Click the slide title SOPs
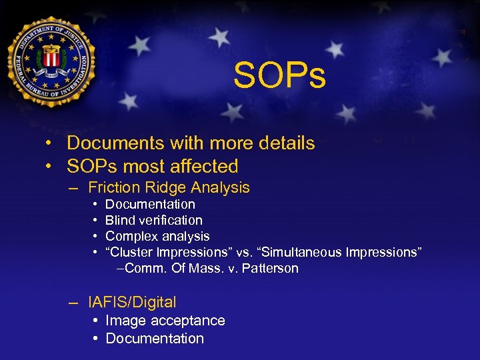tap(279, 76)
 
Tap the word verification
tap(170, 220)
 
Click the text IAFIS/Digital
tap(132, 302)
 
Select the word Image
tap(125, 321)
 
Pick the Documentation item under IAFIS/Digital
tap(155, 339)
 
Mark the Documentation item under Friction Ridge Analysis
tap(150, 204)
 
